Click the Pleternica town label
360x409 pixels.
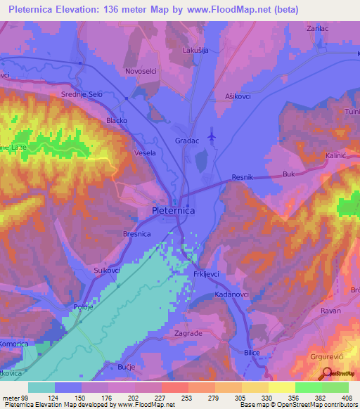(x=174, y=210)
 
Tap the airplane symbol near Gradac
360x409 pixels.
(x=213, y=134)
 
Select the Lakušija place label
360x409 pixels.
(x=196, y=51)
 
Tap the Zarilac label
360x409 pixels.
(x=318, y=29)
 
